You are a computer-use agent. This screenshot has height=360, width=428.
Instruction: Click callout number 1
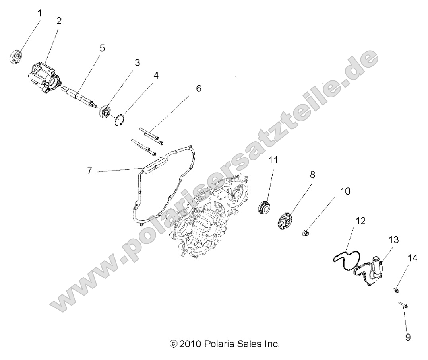pyautogui.click(x=39, y=13)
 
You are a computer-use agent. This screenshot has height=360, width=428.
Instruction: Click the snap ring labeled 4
pyautogui.click(x=120, y=120)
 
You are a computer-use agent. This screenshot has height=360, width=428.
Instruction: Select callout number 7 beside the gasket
pyautogui.click(x=90, y=171)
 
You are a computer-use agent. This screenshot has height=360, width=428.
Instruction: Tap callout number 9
pyautogui.click(x=408, y=337)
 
